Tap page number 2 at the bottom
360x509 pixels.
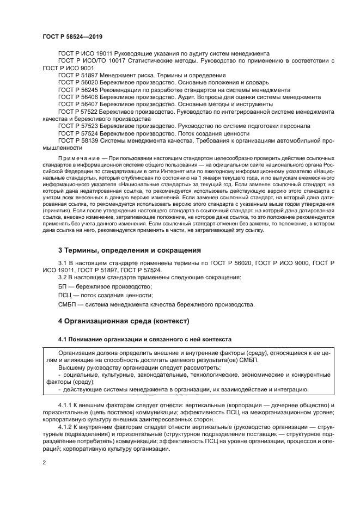click(44, 463)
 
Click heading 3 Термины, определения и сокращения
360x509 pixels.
click(122, 250)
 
